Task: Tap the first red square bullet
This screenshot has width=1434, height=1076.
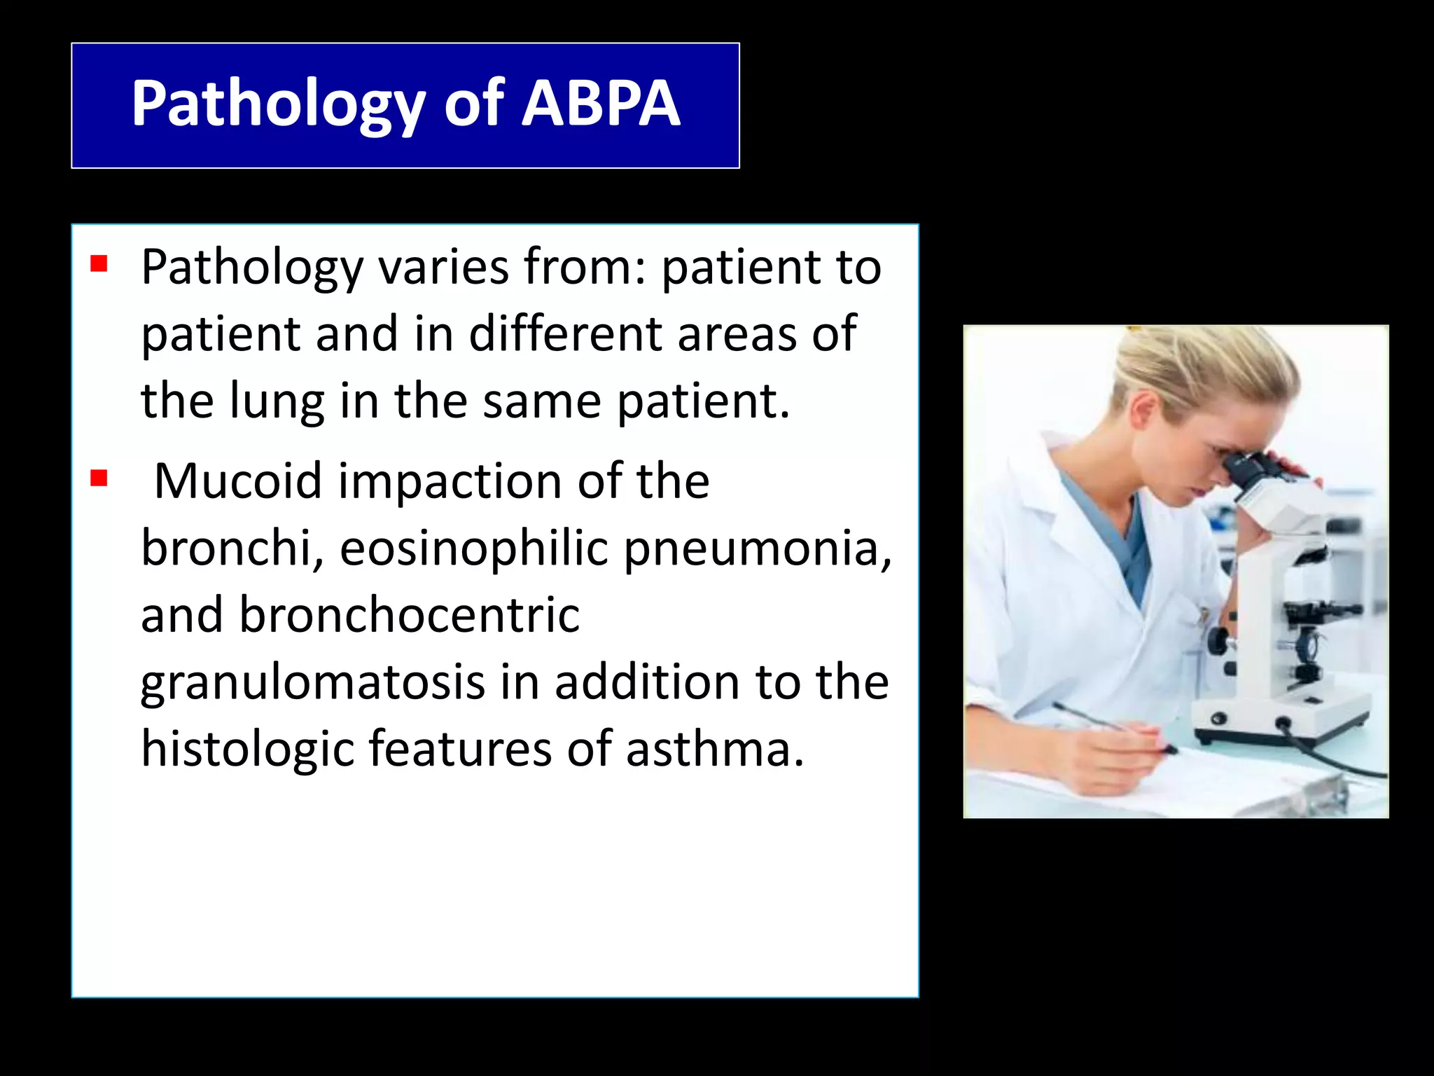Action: click(99, 264)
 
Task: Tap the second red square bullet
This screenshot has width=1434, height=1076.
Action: click(99, 478)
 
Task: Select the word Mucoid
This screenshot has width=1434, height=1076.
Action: click(238, 481)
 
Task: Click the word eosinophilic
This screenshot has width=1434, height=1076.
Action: click(473, 548)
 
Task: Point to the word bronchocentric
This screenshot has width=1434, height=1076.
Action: click(409, 615)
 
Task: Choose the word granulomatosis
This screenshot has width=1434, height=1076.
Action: click(312, 683)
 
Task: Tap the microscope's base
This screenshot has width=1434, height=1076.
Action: click(1281, 722)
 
